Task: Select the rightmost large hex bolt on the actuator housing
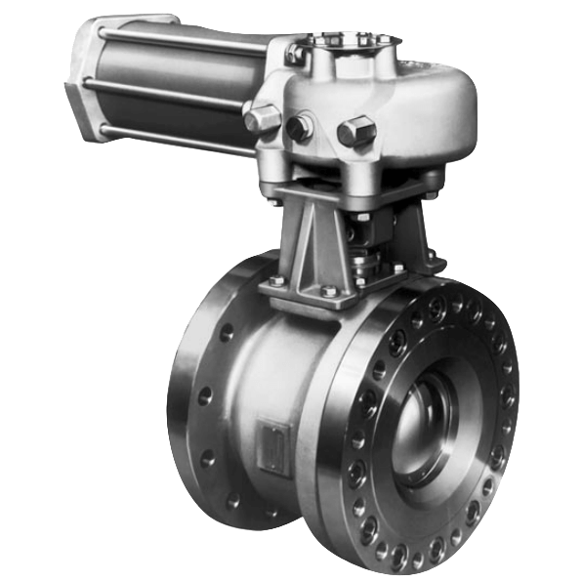coord(356,131)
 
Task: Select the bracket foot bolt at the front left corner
coord(276,285)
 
